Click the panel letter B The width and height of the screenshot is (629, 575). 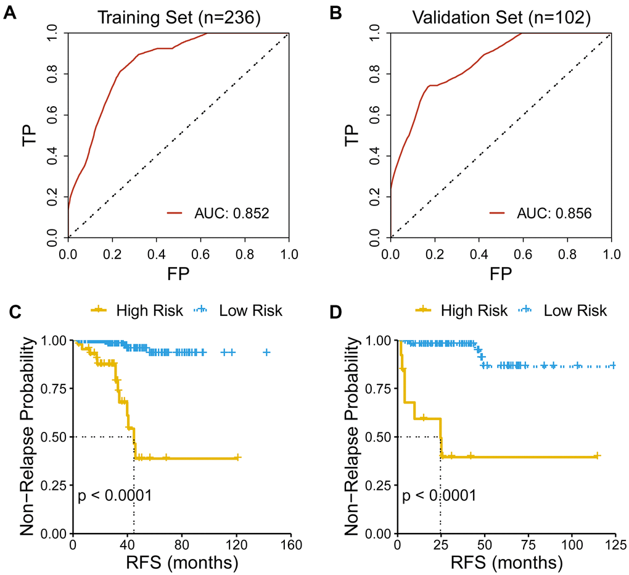(x=336, y=13)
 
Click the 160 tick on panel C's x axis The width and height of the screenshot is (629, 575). (x=290, y=545)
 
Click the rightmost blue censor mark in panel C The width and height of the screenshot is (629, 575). (x=267, y=352)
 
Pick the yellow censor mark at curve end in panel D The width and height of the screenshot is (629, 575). (x=596, y=456)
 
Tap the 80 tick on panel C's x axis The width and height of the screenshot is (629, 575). (x=181, y=545)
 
